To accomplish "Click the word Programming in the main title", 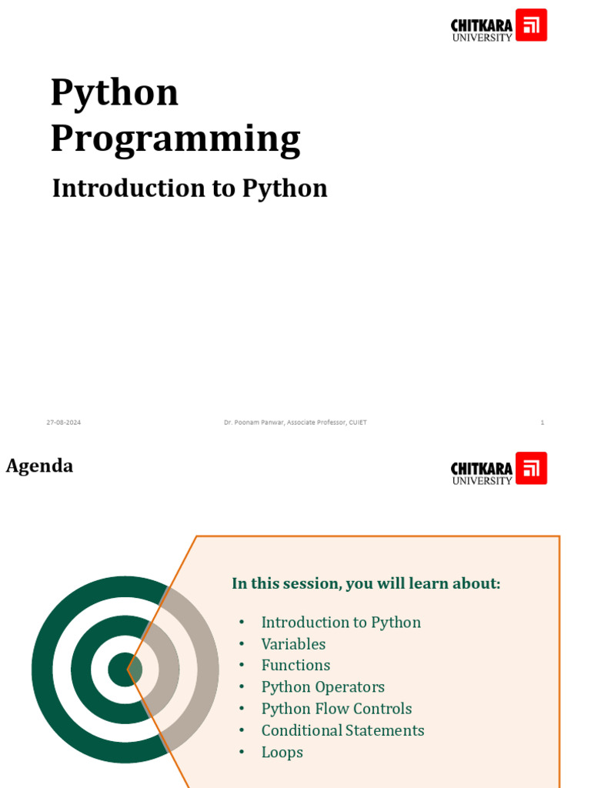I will tap(175, 139).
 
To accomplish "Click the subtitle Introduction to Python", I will tap(189, 189).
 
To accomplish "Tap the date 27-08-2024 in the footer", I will tap(63, 422).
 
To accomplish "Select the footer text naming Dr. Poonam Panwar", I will tap(295, 422).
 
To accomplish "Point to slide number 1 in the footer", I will tap(543, 422).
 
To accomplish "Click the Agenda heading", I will tap(39, 466).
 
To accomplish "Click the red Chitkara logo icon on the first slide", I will tap(531, 25).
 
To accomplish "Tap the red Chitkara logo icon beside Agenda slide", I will tap(531, 468).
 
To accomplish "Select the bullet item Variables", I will tap(293, 644).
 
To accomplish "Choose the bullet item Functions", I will tap(295, 666).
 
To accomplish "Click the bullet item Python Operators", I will tap(322, 687).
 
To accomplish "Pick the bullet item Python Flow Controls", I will tap(336, 709).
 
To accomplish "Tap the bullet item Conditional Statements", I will tap(342, 730).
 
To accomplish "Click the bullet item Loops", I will tap(282, 753).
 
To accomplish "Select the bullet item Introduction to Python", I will tap(341, 623).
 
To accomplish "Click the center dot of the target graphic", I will tap(125, 669).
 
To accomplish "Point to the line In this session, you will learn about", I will tap(366, 583).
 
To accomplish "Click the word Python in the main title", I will tap(115, 93).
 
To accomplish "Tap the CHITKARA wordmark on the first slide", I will tap(481, 25).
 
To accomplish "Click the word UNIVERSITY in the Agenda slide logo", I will tap(482, 481).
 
